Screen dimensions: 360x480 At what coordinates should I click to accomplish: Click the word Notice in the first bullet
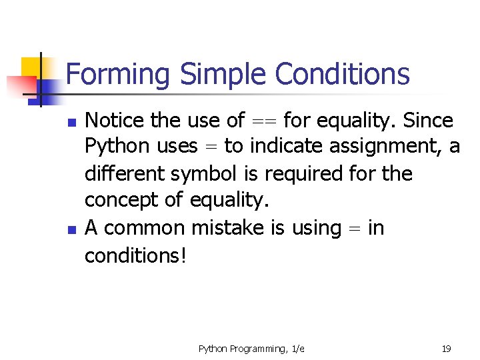[117, 121]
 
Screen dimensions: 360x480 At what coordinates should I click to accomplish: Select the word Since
[428, 121]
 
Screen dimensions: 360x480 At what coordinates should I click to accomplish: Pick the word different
[125, 174]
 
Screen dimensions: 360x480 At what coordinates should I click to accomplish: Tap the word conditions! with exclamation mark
[135, 255]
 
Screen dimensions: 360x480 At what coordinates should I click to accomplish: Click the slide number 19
[447, 349]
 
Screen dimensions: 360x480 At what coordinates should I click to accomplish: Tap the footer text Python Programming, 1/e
[251, 349]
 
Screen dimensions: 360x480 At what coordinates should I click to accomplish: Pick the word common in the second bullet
[145, 228]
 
